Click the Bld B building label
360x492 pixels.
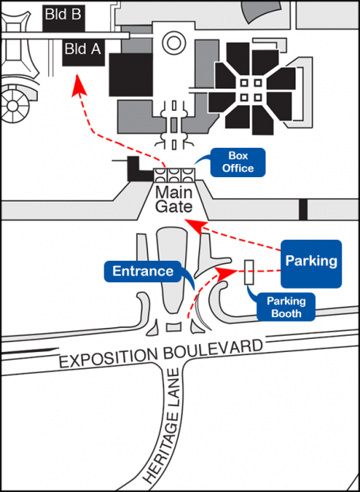coord(63,15)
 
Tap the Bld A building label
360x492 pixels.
coord(83,49)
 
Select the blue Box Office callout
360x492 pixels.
coord(238,162)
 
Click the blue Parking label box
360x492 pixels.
coord(311,264)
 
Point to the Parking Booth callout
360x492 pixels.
coord(286,307)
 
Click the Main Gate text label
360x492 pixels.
coord(173,200)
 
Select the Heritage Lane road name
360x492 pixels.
coord(164,426)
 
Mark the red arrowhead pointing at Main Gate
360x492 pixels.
coord(195,227)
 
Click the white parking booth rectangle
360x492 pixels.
coord(249,272)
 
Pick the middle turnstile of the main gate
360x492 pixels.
coord(174,175)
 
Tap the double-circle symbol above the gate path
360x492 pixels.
coord(172,43)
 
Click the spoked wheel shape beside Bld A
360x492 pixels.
coord(12,106)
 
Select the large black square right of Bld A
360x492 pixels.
coord(131,74)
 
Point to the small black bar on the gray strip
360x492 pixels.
coord(303,210)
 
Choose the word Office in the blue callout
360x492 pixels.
coord(238,168)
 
